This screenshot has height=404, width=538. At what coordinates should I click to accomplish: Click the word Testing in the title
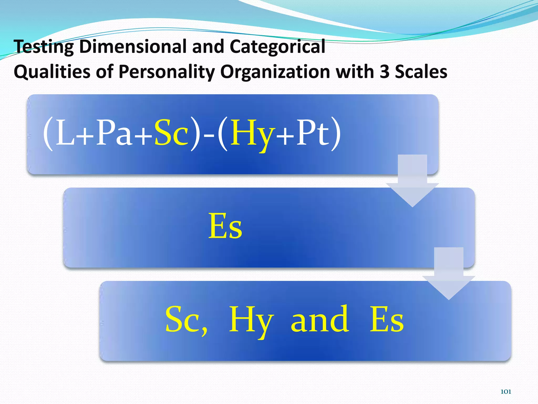pyautogui.click(x=44, y=47)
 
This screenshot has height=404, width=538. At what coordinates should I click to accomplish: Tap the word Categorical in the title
pyautogui.click(x=277, y=47)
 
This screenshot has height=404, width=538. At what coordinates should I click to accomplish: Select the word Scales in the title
pyautogui.click(x=421, y=72)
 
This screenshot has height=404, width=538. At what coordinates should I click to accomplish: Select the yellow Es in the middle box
pyautogui.click(x=225, y=226)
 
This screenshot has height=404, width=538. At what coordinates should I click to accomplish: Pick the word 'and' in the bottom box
pyautogui.click(x=320, y=319)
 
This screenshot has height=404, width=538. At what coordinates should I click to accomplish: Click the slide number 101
pyautogui.click(x=506, y=392)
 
